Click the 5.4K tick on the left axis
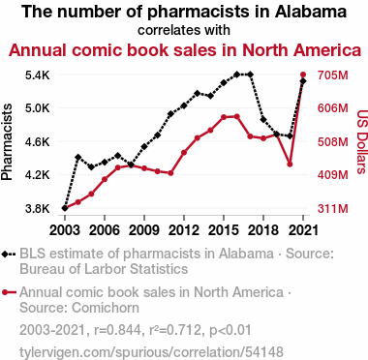(38, 75)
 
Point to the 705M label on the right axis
(333, 75)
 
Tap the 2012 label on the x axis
(184, 230)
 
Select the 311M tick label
(333, 209)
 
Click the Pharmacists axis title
(7, 142)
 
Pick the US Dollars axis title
(362, 142)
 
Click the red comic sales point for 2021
(303, 75)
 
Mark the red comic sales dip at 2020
(290, 165)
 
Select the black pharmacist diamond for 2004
(77, 158)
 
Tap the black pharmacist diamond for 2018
(263, 120)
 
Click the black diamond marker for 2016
(236, 75)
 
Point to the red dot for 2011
(170, 173)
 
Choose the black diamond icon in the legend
(5, 255)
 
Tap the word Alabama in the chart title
(311, 12)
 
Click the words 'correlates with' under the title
(184, 30)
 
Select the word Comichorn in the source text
(106, 308)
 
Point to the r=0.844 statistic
(117, 330)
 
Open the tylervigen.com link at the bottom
(151, 352)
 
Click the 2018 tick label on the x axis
(263, 230)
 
